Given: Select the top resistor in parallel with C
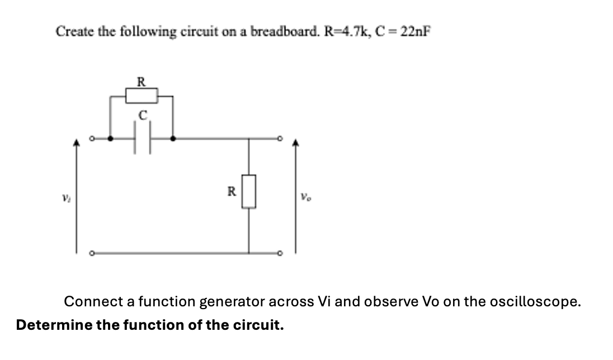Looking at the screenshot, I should pyautogui.click(x=141, y=96).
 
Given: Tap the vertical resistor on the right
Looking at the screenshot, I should pyautogui.click(x=249, y=192).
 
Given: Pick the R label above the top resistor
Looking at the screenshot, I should pyautogui.click(x=142, y=82).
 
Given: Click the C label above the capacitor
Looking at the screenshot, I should pyautogui.click(x=143, y=116).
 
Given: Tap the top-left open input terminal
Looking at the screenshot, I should pyautogui.click(x=92, y=138).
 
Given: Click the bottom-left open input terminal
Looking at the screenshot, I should pyautogui.click(x=92, y=253).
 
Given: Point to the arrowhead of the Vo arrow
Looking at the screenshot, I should pyautogui.click(x=295, y=144).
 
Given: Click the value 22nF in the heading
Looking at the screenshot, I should pyautogui.click(x=416, y=31).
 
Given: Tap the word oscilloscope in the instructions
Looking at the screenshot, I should pyautogui.click(x=535, y=302).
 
